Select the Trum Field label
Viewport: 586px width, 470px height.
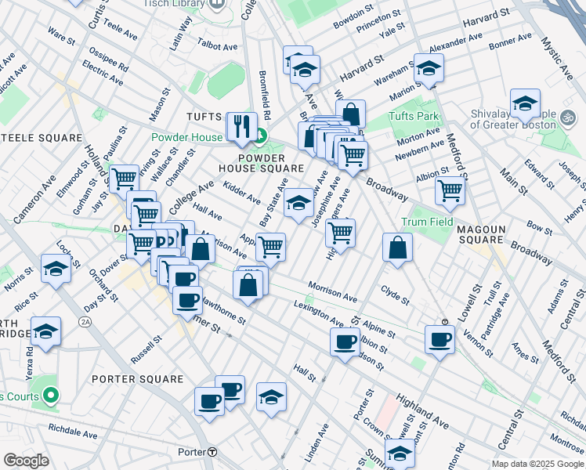coord(427,222)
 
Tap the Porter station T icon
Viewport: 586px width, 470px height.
coord(212,452)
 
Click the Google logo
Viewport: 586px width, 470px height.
coord(26,460)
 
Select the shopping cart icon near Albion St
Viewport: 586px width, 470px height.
coord(450,189)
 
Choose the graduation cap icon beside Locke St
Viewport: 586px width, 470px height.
coord(56,268)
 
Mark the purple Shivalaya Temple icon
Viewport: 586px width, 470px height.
coord(568,117)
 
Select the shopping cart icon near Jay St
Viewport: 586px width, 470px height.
coord(124,178)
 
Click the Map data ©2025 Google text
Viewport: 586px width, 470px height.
coord(537,464)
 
